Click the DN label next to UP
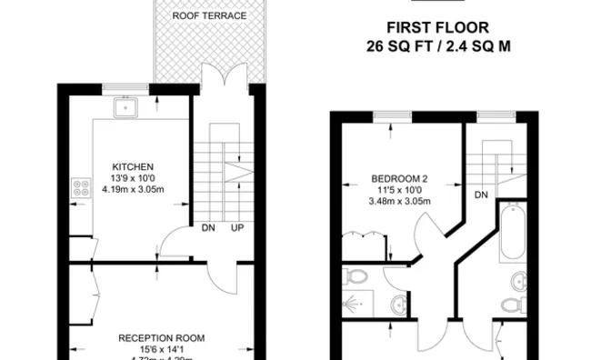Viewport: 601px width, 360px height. [209, 227]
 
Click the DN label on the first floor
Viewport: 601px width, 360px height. [481, 194]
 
